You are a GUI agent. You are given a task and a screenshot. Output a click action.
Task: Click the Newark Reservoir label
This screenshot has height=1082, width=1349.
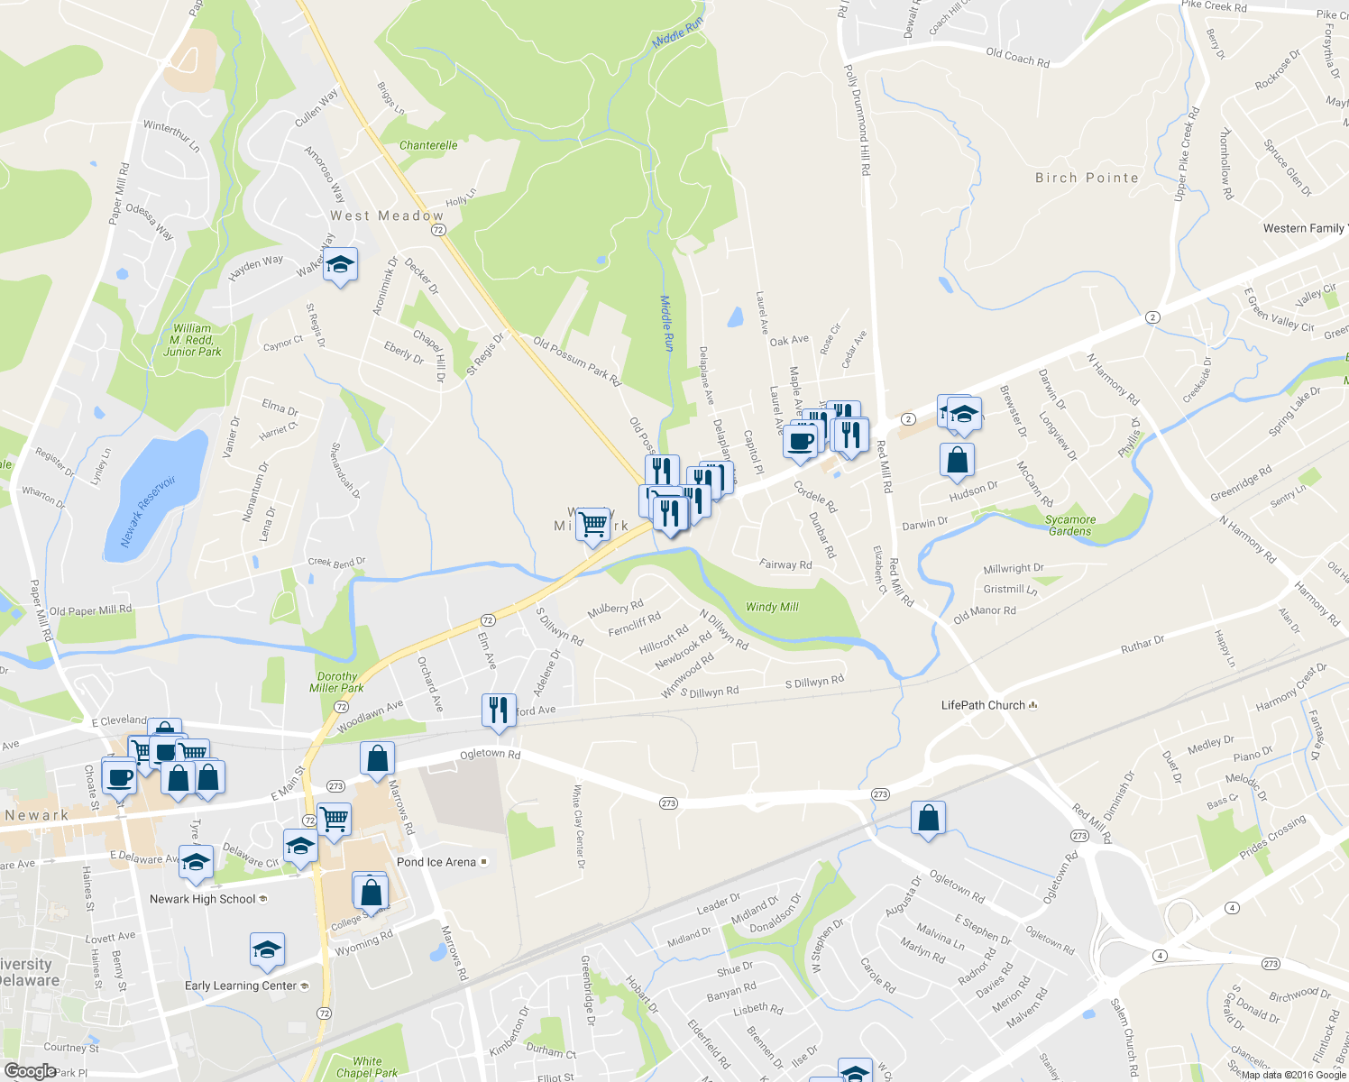click(x=149, y=512)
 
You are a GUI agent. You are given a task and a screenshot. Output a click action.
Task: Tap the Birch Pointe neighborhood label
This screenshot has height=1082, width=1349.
click(x=1087, y=179)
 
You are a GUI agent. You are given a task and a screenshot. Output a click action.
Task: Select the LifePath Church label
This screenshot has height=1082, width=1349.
click(x=983, y=705)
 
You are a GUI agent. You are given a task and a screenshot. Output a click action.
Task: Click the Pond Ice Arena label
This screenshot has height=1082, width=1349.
click(x=436, y=862)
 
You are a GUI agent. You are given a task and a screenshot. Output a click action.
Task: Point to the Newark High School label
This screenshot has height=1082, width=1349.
click(x=203, y=899)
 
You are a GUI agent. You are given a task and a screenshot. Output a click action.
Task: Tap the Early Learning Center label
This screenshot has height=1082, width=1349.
click(x=241, y=986)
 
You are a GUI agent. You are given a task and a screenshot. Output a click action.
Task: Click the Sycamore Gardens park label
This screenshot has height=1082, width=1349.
click(x=1070, y=526)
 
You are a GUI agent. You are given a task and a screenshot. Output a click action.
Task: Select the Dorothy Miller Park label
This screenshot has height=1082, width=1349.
click(x=337, y=683)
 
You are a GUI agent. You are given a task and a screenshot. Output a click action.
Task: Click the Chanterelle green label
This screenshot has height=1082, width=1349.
click(x=428, y=145)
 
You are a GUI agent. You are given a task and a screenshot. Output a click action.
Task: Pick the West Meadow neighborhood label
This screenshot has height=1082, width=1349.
click(x=387, y=216)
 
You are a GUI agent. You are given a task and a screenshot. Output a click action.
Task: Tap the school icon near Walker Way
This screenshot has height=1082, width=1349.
click(x=340, y=265)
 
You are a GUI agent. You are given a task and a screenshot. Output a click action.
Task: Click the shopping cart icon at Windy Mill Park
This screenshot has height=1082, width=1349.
click(x=592, y=524)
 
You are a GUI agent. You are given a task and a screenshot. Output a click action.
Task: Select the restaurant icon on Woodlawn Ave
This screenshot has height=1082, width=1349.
click(x=498, y=711)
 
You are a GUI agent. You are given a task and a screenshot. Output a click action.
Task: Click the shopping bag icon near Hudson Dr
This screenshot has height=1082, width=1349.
click(x=957, y=460)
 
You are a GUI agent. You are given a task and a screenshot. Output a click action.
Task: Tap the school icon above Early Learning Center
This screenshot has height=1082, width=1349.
click(x=267, y=949)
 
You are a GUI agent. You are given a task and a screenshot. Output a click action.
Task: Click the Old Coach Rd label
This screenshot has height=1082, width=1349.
click(x=1017, y=58)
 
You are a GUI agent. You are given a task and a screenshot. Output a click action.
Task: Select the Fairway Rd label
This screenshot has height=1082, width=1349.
click(x=785, y=564)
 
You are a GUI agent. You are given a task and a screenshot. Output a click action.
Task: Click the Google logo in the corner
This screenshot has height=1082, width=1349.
click(x=30, y=1071)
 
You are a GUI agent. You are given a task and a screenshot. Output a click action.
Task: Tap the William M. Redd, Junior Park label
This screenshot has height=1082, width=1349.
click(x=192, y=340)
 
